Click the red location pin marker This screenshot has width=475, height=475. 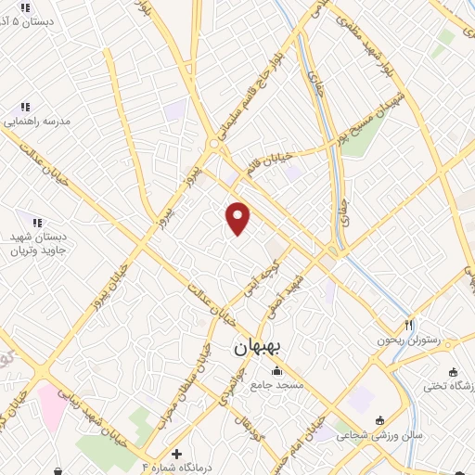point(238,218)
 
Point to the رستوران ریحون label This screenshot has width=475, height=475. point(404,340)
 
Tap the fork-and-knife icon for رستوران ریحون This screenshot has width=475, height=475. point(407,326)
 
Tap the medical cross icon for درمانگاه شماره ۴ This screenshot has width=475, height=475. point(176,453)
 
